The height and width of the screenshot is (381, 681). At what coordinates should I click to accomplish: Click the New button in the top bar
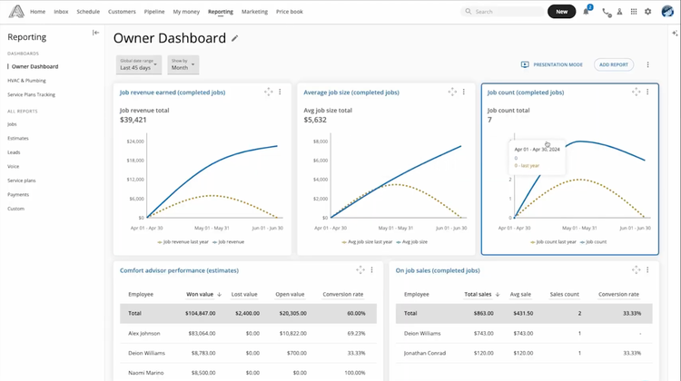(561, 12)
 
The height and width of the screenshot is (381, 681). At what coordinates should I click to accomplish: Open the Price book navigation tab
(291, 12)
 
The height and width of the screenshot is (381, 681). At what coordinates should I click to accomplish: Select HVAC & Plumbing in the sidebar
(26, 80)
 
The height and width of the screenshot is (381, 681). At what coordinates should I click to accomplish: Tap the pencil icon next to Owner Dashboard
(235, 38)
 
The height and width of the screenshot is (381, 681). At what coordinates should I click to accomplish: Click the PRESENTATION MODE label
(558, 64)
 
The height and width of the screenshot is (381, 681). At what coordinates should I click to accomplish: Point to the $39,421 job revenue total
(133, 119)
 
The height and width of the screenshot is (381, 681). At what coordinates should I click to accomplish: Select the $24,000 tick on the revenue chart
(134, 142)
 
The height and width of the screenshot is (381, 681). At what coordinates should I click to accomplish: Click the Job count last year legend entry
(557, 242)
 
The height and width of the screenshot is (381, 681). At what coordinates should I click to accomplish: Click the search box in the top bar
(501, 12)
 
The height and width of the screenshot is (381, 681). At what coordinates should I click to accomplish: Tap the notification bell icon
(586, 12)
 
